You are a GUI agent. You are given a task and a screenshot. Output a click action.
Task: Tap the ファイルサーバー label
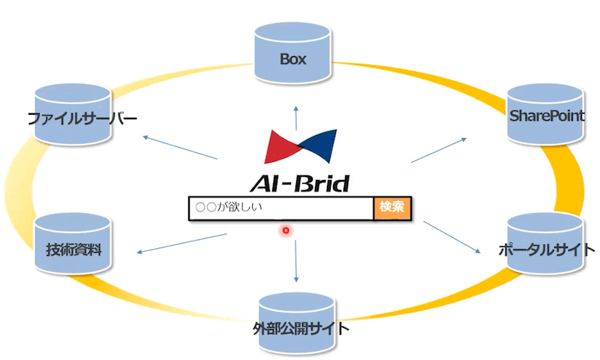(x=82, y=118)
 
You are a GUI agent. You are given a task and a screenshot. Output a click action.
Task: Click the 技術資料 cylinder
(x=73, y=244)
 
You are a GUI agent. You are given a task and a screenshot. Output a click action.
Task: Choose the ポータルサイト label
(x=547, y=250)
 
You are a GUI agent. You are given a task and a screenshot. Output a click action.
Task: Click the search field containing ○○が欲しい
(x=279, y=208)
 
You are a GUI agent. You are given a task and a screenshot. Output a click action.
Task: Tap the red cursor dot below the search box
(x=286, y=230)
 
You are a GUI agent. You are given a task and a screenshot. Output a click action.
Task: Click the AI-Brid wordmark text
(x=299, y=183)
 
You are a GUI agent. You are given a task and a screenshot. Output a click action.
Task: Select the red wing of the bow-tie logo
(x=280, y=145)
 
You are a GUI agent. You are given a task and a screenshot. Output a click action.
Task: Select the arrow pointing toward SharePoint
(x=439, y=150)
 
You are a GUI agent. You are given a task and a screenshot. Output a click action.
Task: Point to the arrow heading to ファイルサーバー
(x=180, y=148)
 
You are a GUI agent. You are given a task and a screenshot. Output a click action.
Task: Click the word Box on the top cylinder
(x=294, y=58)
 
